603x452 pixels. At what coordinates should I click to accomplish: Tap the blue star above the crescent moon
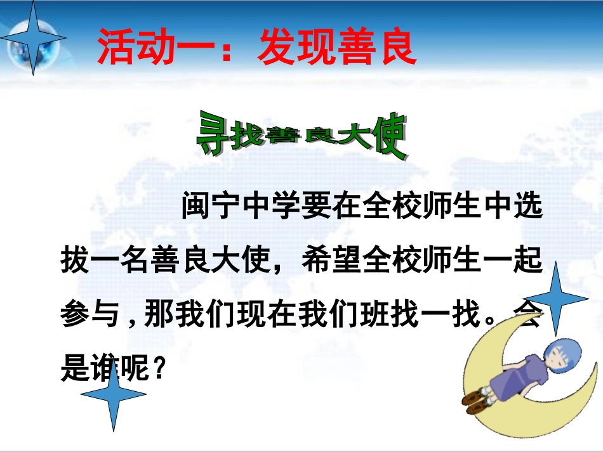point(556,298)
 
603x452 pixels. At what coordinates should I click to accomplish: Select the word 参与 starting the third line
point(83,314)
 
